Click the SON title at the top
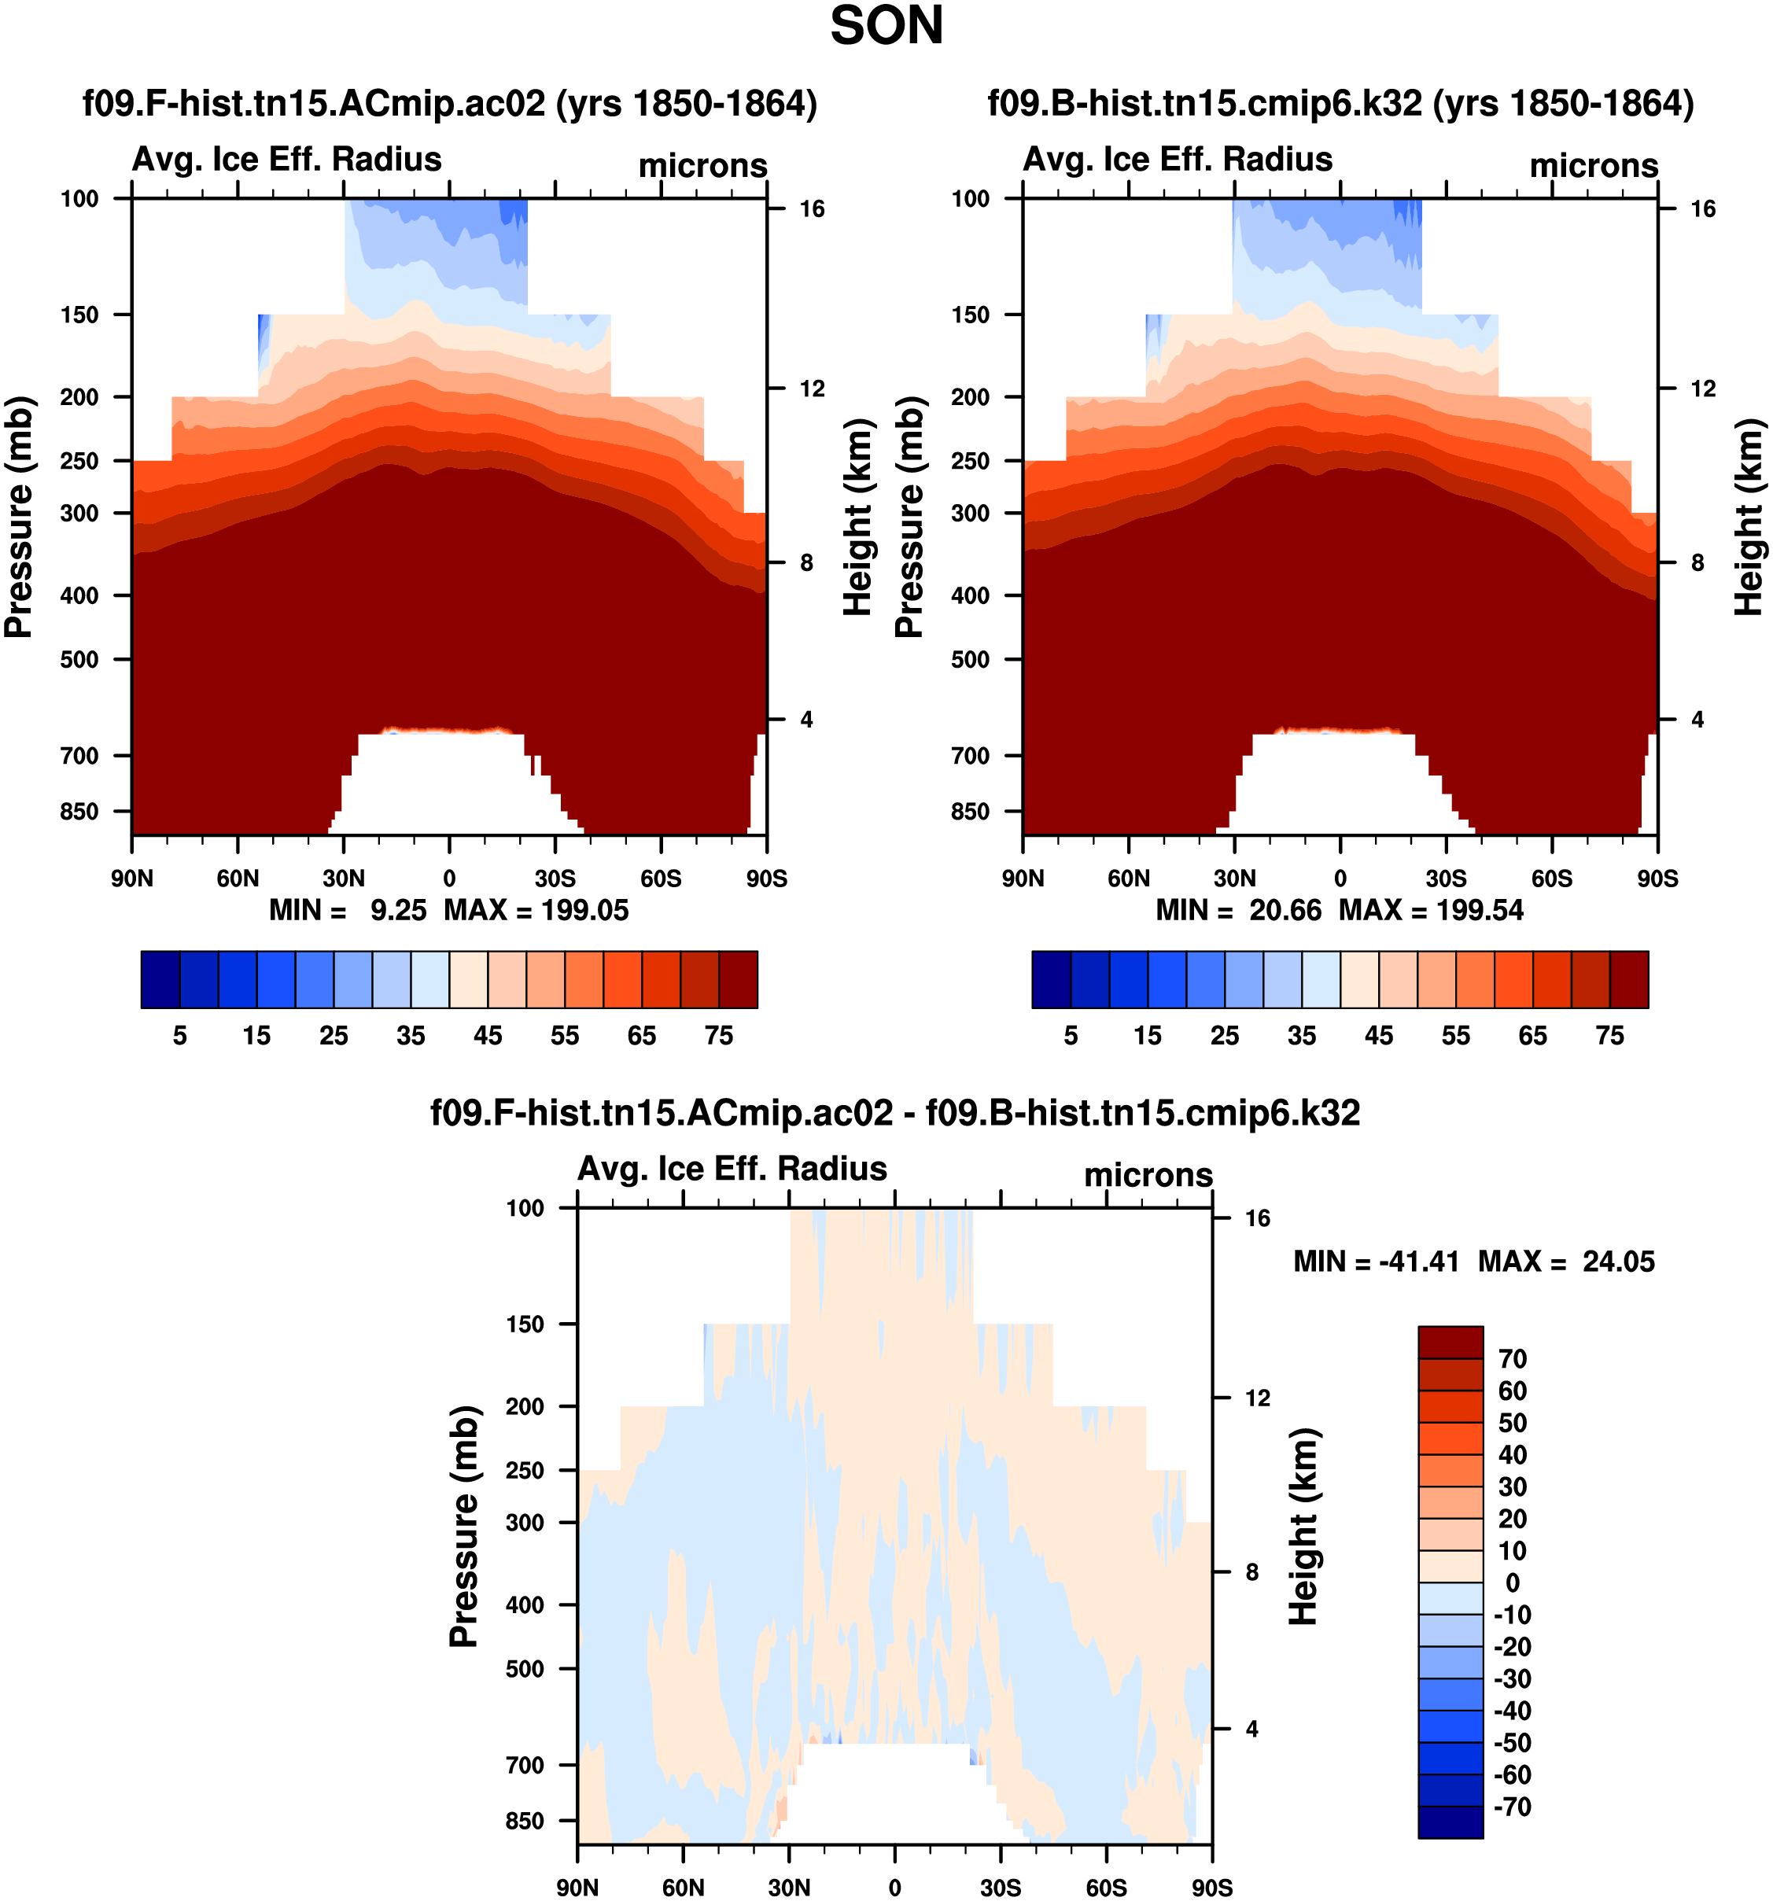886,27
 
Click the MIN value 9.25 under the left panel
398,910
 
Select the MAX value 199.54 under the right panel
1480,910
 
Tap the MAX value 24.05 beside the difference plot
1618,1262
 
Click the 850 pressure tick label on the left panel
79,812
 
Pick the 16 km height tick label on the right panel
1702,209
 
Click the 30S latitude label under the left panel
555,879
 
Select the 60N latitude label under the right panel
1129,879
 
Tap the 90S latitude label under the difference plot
1211,1888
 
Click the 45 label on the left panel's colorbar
488,1036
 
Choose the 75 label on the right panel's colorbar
1609,1036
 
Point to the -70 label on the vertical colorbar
1512,1807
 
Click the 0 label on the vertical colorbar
1512,1582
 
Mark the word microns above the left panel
703,167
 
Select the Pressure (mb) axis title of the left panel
19,518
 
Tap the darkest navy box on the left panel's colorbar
160,979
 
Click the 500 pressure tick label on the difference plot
525,1669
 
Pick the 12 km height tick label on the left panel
812,389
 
